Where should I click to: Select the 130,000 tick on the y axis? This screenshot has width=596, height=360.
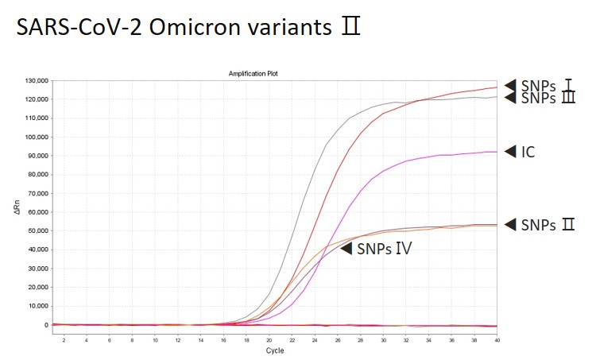pyautogui.click(x=37, y=81)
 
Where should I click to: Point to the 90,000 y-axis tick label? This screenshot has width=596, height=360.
pyautogui.click(x=38, y=156)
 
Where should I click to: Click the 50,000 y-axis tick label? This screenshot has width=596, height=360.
pyautogui.click(x=38, y=230)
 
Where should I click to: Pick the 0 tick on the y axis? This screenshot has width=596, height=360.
pyautogui.click(x=47, y=324)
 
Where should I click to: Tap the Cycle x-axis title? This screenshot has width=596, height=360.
pyautogui.click(x=274, y=350)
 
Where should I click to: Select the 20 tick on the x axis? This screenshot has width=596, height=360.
pyautogui.click(x=269, y=339)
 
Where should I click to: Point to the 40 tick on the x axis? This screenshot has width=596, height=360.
pyautogui.click(x=497, y=339)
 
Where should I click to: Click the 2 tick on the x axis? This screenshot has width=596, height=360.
pyautogui.click(x=64, y=339)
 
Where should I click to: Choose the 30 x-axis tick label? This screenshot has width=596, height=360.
pyautogui.click(x=383, y=339)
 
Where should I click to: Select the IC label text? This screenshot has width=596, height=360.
pyautogui.click(x=528, y=152)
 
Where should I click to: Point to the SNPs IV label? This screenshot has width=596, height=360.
pyautogui.click(x=383, y=249)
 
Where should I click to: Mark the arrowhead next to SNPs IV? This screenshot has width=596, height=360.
pyautogui.click(x=346, y=249)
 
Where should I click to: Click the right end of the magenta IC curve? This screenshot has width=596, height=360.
pyautogui.click(x=496, y=152)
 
